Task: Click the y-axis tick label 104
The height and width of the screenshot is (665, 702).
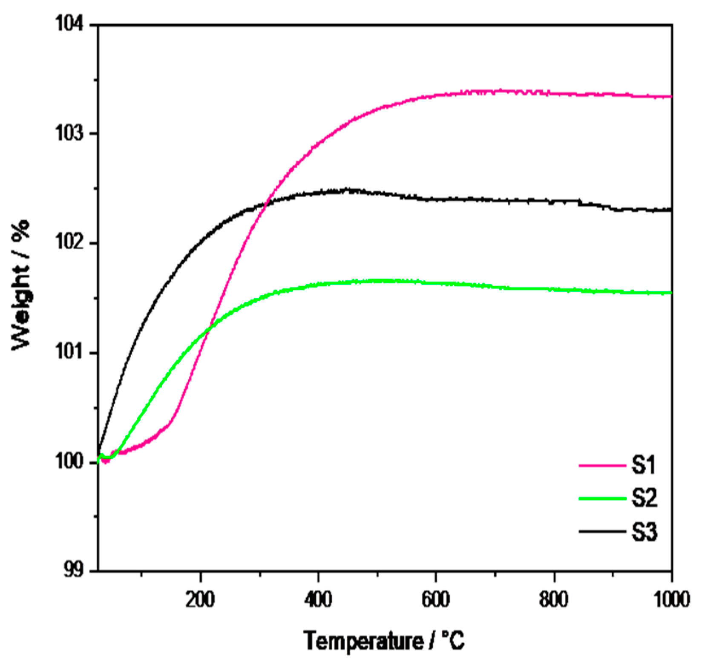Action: [x=71, y=24]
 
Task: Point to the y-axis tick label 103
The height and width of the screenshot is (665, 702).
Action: [x=71, y=134]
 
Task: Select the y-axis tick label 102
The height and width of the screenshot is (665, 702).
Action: [x=71, y=243]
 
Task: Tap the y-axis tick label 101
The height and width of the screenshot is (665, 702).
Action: [x=71, y=353]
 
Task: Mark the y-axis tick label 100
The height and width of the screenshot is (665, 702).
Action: [x=71, y=462]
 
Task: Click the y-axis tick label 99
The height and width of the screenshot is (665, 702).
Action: [x=75, y=571]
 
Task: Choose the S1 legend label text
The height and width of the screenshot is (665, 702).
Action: [x=644, y=465]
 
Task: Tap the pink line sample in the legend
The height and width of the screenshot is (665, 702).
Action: [x=602, y=466]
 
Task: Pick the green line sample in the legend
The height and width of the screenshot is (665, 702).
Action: [x=602, y=498]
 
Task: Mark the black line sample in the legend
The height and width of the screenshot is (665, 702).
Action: [x=602, y=531]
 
